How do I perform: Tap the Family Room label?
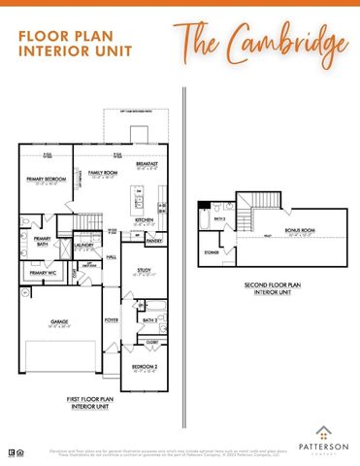pos(103,172)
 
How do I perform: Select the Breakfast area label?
pos(147,164)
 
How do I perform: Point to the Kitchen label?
pos(145,219)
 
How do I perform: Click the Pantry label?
pos(153,240)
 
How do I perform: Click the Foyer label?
pos(111,318)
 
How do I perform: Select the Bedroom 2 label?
pos(144,367)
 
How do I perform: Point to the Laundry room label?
pos(83,246)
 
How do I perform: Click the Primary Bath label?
pos(42,242)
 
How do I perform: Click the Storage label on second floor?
pos(211,250)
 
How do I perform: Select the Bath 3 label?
pos(220,218)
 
